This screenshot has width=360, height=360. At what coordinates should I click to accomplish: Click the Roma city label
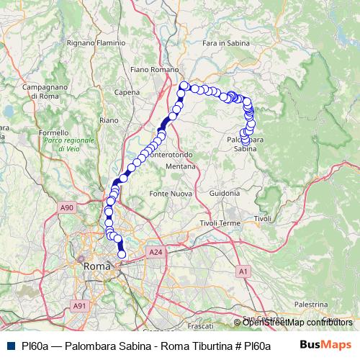(x=96, y=266)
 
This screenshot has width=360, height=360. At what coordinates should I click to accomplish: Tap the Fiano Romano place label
(x=154, y=70)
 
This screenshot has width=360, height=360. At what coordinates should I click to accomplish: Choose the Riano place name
(x=109, y=120)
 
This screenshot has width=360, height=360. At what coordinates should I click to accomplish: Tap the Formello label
(x=53, y=132)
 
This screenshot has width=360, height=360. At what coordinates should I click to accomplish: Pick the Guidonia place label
(x=225, y=193)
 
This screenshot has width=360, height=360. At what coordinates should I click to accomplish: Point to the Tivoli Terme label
(x=220, y=223)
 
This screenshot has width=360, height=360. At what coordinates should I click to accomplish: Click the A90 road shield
(x=66, y=208)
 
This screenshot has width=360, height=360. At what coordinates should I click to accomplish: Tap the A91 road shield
(x=79, y=306)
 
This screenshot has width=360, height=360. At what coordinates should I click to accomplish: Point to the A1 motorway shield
(x=243, y=271)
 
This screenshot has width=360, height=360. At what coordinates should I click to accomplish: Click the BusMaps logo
(x=325, y=345)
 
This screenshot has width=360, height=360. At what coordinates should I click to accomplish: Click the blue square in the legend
(x=12, y=346)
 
